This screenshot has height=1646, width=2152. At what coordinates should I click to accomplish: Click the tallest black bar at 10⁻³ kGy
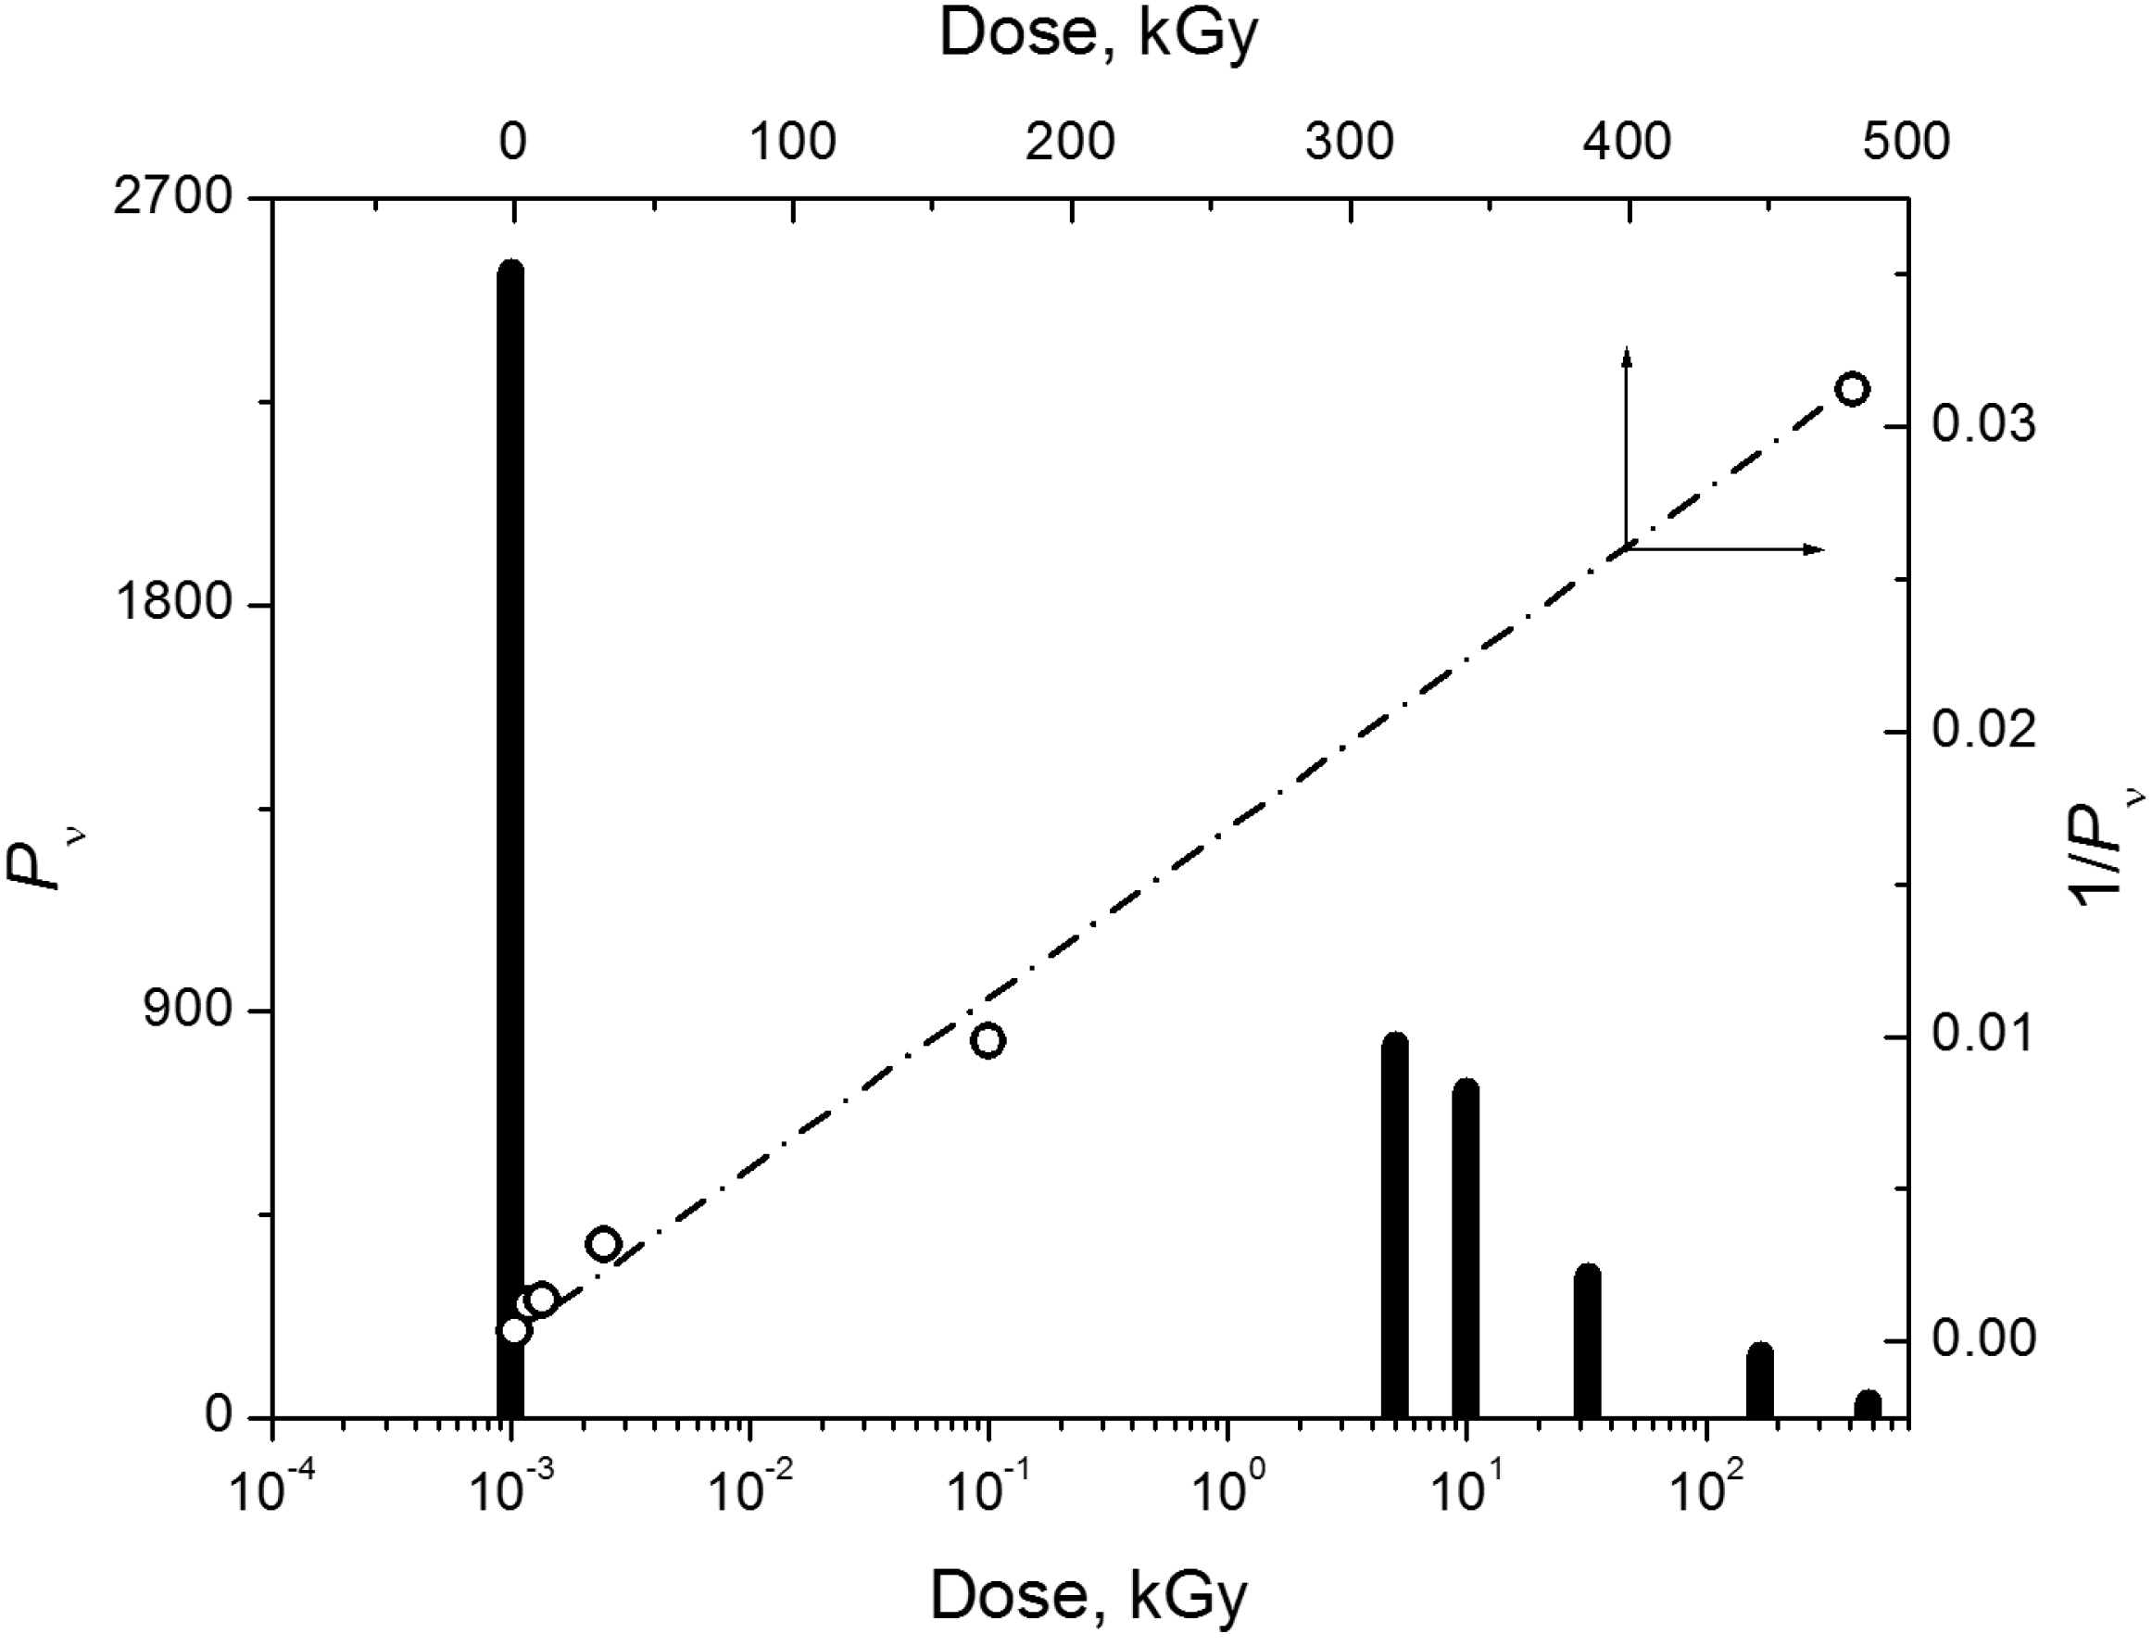[510, 843]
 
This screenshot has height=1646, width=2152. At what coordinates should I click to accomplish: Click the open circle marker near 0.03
[1852, 389]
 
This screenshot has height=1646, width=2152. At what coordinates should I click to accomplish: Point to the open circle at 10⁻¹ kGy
[988, 1040]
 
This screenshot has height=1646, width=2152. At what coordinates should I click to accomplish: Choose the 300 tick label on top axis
[1351, 143]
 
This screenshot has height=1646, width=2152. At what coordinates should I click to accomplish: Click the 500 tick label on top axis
[1906, 143]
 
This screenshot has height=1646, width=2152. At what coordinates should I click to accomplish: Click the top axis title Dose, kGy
[1098, 35]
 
